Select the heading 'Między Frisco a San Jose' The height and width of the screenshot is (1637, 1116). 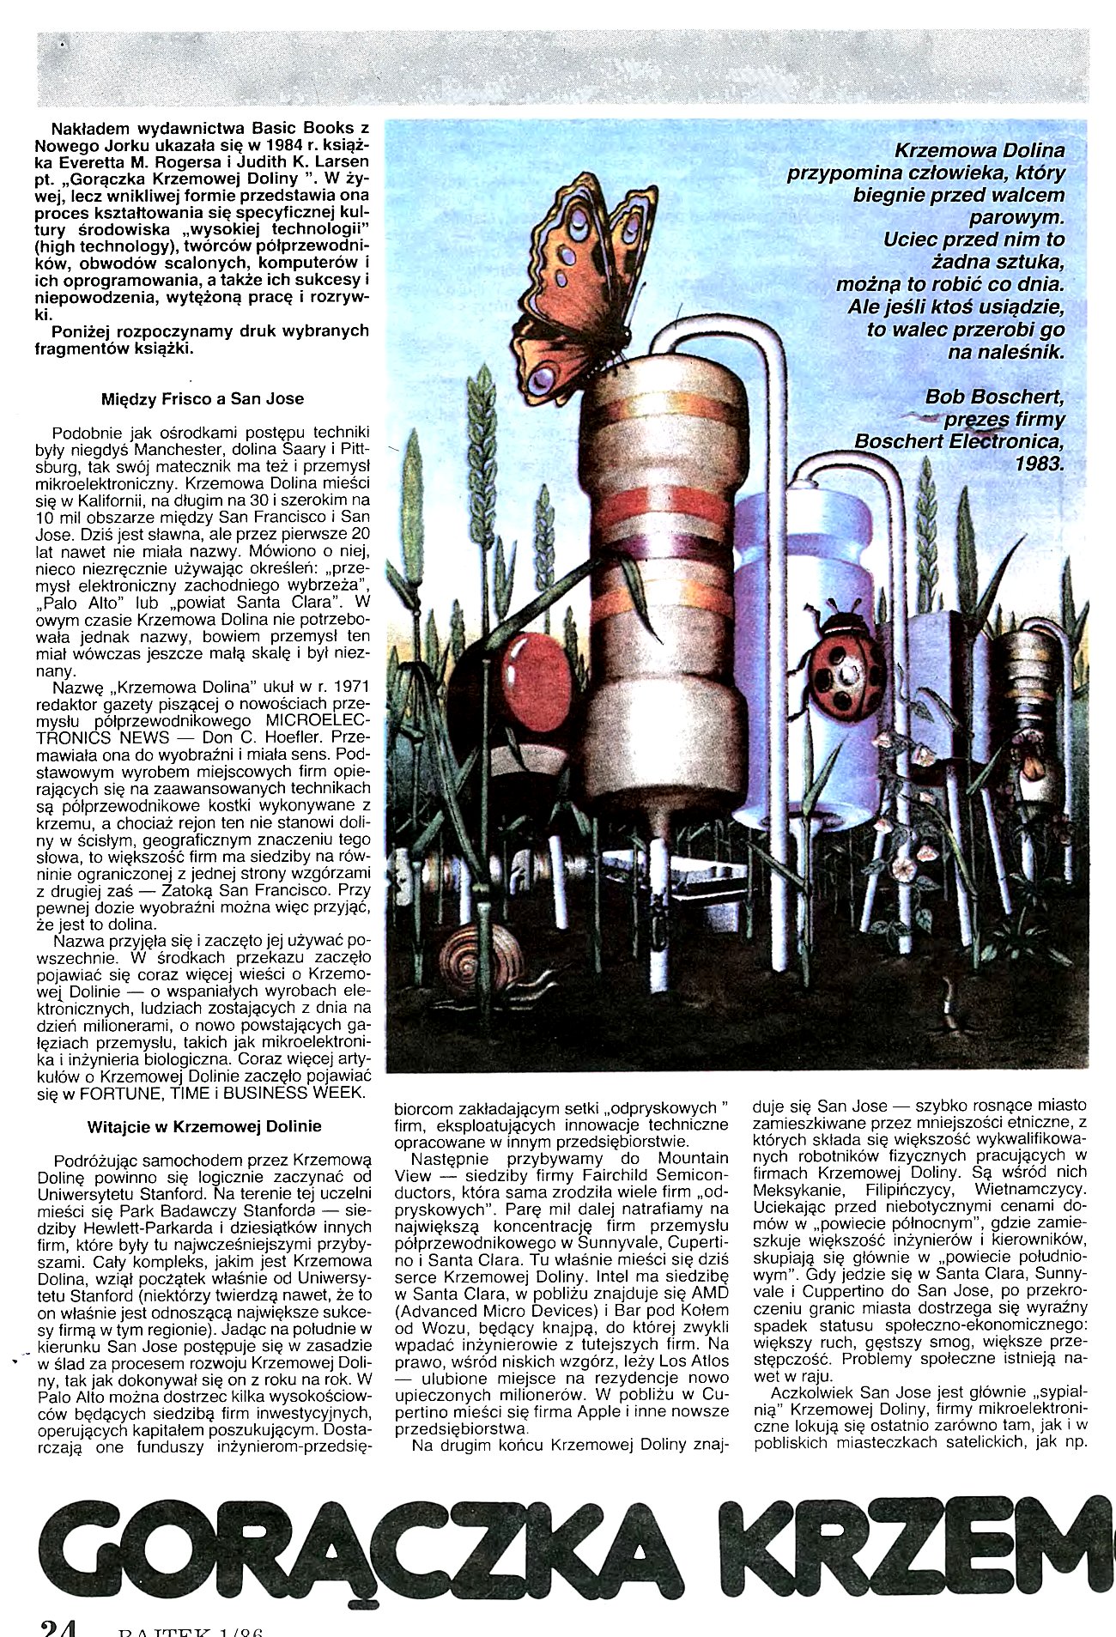(203, 398)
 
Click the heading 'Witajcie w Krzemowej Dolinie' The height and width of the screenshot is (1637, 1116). (204, 1125)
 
